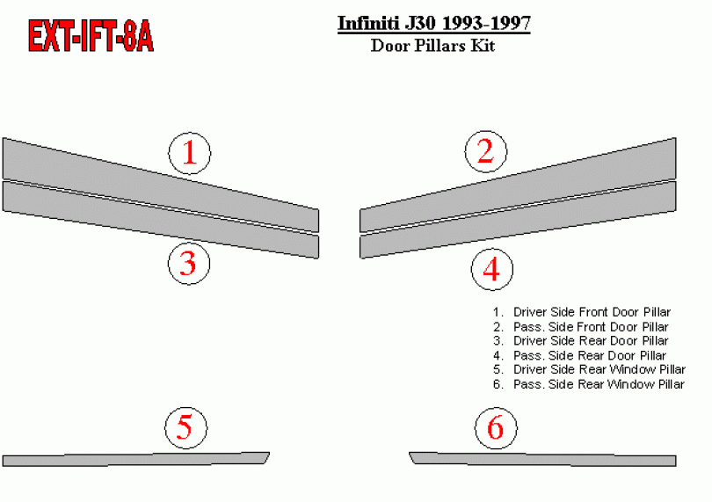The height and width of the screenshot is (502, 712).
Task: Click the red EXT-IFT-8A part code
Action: pyautogui.click(x=91, y=36)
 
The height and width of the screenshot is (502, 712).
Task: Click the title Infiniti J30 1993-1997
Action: pyautogui.click(x=433, y=23)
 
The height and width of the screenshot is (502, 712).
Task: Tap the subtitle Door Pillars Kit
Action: pyautogui.click(x=432, y=46)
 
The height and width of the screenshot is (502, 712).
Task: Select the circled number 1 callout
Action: pyautogui.click(x=189, y=153)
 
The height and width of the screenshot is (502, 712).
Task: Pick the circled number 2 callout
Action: pyautogui.click(x=485, y=151)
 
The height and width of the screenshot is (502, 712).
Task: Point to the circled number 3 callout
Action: pyautogui.click(x=189, y=263)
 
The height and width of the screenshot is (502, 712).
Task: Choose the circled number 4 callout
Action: pyautogui.click(x=491, y=269)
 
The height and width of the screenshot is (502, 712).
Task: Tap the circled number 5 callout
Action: pyautogui.click(x=185, y=427)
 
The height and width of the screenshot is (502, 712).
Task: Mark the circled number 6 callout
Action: pyautogui.click(x=496, y=427)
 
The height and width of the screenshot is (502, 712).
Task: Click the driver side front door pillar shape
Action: pyautogui.click(x=160, y=184)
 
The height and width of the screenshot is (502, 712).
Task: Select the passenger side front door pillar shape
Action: pyautogui.click(x=518, y=184)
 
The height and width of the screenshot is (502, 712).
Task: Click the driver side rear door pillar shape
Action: pyautogui.click(x=160, y=220)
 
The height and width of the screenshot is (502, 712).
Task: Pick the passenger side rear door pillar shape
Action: pyautogui.click(x=518, y=220)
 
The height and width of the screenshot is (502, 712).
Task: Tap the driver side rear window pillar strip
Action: pyautogui.click(x=135, y=459)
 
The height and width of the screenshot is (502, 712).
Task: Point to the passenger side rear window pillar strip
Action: pyautogui.click(x=542, y=459)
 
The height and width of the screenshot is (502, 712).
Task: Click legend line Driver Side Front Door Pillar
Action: pyautogui.click(x=582, y=312)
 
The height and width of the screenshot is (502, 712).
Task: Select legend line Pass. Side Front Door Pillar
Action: pyautogui.click(x=581, y=327)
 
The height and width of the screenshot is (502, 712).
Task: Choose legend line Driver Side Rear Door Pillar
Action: pyautogui.click(x=581, y=341)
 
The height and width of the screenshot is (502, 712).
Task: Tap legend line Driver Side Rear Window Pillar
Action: pyautogui.click(x=589, y=369)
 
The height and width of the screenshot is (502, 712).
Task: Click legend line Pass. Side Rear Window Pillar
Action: pyautogui.click(x=588, y=384)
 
